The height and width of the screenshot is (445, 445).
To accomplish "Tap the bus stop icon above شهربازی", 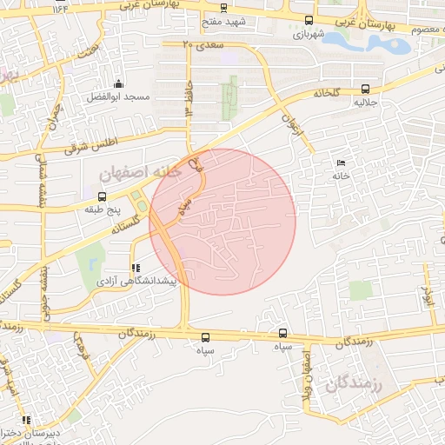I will (x=309, y=20).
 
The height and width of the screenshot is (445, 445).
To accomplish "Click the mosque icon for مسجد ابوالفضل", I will (x=118, y=84).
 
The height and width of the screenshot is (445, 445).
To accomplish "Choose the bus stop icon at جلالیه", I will (x=364, y=88).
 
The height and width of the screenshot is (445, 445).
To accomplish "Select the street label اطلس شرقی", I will (x=89, y=142).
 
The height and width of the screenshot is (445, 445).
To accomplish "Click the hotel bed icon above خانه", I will (x=340, y=163).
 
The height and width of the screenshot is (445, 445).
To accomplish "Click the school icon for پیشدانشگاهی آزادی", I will (x=135, y=269).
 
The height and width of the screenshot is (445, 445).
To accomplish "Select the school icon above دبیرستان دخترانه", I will (x=26, y=419).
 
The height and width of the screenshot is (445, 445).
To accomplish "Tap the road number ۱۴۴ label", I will (x=60, y=8).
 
